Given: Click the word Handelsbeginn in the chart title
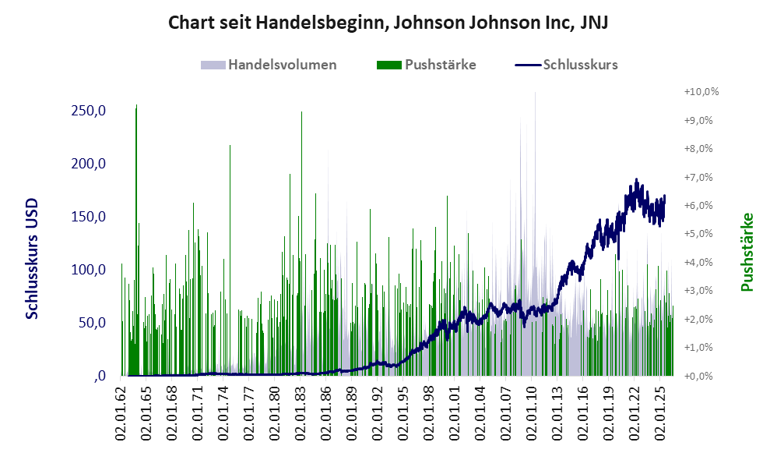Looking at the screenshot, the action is click(x=320, y=23).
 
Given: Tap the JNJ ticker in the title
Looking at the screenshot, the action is click(x=594, y=23).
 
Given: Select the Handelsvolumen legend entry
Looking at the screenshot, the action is click(x=269, y=65).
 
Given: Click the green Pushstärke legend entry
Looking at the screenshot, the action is click(x=426, y=65).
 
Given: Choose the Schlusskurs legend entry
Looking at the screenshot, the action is click(x=566, y=65).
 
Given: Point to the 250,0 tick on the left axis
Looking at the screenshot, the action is click(x=89, y=111).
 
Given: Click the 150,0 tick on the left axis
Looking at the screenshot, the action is click(x=89, y=217).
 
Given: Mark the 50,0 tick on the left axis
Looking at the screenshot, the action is click(x=93, y=323).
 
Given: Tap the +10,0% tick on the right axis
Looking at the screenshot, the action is click(x=701, y=92).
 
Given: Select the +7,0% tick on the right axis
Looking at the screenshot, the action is click(x=698, y=177).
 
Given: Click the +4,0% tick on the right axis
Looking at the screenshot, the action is click(x=698, y=262).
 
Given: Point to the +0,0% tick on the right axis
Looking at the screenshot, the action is click(x=698, y=376).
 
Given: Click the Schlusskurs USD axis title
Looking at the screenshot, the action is click(x=32, y=259).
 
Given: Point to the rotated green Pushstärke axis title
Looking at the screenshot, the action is click(x=747, y=252).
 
